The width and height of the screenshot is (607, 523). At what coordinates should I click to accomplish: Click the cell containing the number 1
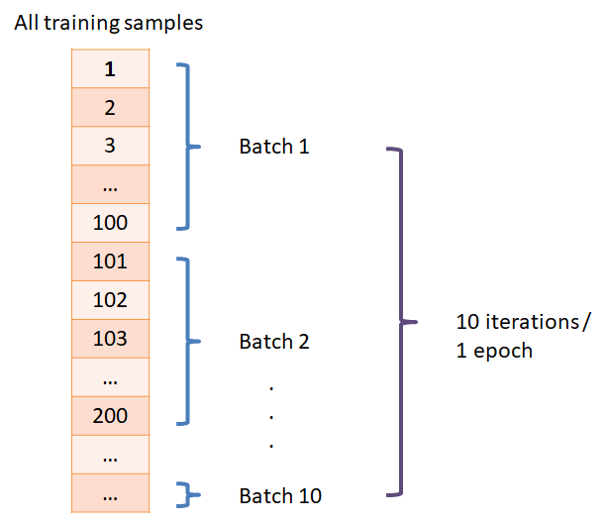pos(110,68)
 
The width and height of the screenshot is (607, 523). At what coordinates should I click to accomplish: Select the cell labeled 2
pos(110,107)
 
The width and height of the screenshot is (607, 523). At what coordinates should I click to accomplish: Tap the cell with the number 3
pos(110,146)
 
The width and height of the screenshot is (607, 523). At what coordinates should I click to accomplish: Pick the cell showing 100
pos(110,223)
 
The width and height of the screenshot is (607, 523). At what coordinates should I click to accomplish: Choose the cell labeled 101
pos(110,261)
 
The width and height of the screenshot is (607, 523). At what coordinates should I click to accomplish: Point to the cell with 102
pos(110,300)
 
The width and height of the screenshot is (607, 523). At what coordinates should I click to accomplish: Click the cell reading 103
pos(110,339)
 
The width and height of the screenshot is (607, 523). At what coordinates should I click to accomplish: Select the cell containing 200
pos(110,416)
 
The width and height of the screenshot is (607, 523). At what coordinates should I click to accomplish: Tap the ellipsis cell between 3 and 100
pos(110,184)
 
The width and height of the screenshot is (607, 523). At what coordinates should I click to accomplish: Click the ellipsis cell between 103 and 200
pos(110,377)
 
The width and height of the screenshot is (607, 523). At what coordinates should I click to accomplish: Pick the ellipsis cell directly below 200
pos(110,455)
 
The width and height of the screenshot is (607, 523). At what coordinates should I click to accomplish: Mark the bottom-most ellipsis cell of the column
pos(110,493)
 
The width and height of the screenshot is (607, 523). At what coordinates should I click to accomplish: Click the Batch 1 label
pos(274,147)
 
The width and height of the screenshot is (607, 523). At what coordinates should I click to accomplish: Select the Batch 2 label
pos(274,342)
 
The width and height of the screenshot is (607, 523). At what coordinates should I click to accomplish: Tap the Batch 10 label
pos(280,496)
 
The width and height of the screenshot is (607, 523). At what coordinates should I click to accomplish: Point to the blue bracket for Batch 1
pos(188,147)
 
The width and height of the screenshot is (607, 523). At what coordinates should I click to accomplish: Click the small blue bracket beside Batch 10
pos(189,494)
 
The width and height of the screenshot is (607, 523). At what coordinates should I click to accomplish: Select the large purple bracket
pos(401,321)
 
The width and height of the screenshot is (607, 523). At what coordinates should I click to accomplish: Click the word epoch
pos(503,352)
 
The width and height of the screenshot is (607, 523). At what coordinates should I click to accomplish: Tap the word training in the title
pos(81,23)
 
